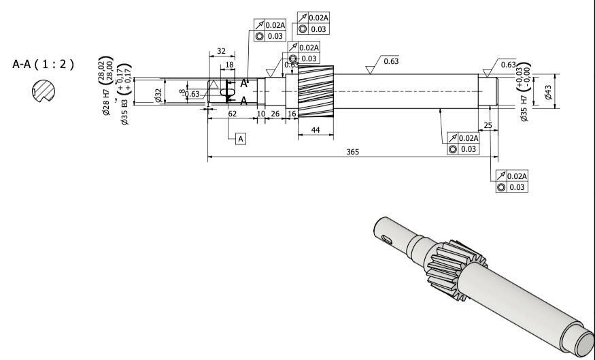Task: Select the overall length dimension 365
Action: click(x=352, y=151)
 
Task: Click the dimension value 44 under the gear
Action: click(x=316, y=129)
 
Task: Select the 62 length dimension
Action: click(x=233, y=114)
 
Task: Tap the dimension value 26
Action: click(x=275, y=114)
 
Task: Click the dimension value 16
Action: click(x=292, y=114)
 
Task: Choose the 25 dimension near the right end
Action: click(x=488, y=126)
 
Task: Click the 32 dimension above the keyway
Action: click(x=221, y=51)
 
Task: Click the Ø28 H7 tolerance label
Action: click(x=105, y=88)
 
